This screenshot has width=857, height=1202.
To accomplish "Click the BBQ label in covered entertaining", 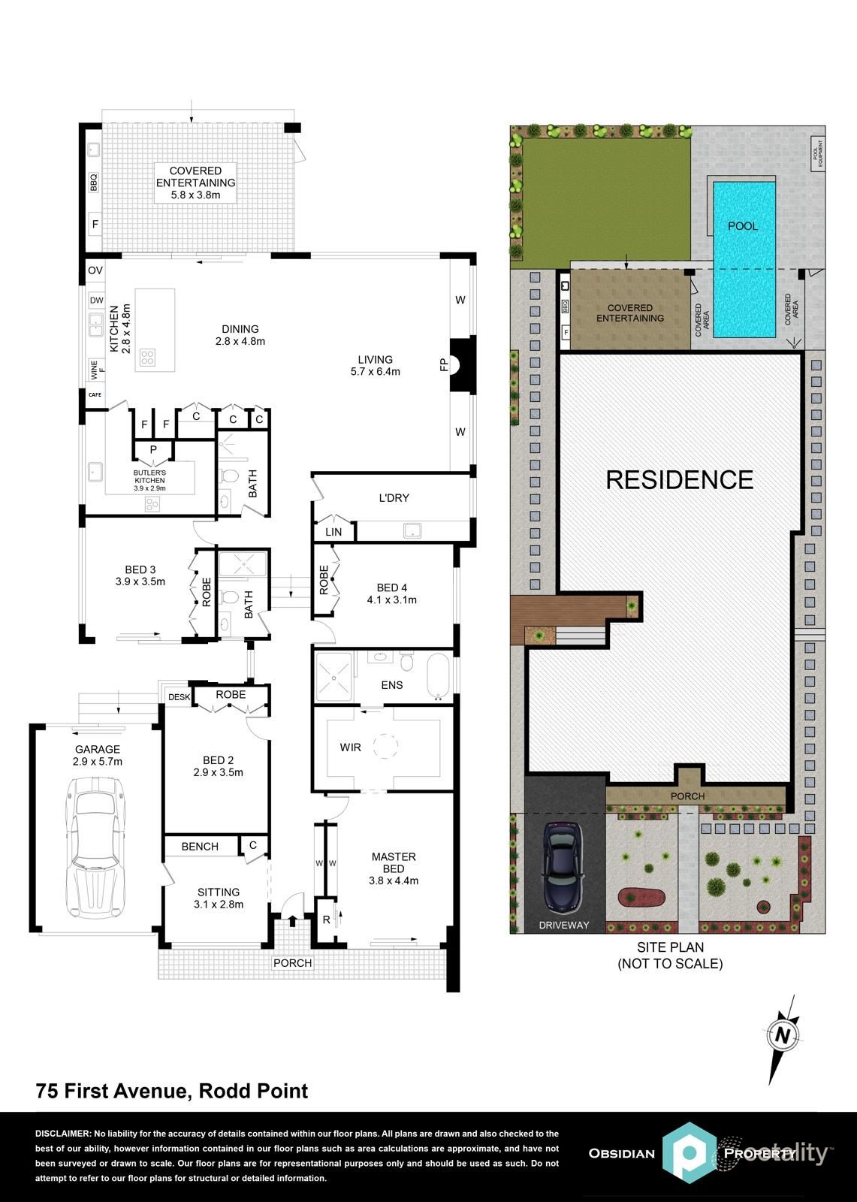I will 95,183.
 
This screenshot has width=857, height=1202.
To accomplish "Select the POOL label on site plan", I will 743,226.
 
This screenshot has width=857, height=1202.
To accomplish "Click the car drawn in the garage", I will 95,847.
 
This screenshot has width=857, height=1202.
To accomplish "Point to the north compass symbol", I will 783,1036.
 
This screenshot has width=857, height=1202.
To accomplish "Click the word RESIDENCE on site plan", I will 679,479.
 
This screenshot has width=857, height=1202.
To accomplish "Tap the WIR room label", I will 350,747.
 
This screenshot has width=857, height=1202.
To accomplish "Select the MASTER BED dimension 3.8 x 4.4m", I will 394,880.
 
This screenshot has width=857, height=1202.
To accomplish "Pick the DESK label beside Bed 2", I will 179,697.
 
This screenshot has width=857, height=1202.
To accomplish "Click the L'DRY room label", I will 394,498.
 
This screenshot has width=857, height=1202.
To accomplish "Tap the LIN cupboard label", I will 333,532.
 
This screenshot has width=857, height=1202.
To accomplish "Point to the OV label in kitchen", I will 95,270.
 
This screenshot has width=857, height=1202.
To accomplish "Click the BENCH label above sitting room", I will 200,847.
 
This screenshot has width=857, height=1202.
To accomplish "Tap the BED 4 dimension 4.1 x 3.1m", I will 391,599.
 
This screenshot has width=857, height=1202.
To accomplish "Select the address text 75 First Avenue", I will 113,1091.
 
